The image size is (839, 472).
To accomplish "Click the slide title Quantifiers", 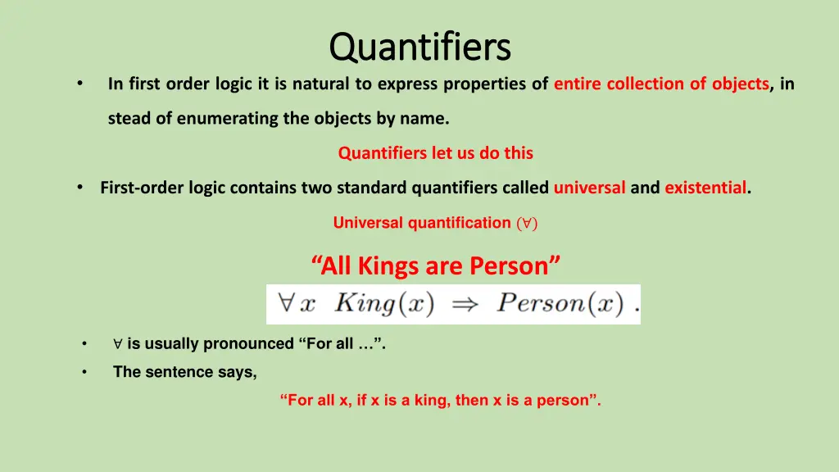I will (x=419, y=46).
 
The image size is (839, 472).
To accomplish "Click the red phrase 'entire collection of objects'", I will (x=661, y=84).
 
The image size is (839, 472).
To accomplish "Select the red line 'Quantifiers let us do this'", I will (x=435, y=153).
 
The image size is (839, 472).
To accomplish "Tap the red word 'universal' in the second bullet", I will (x=590, y=188).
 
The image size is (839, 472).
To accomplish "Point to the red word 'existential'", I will (x=705, y=188).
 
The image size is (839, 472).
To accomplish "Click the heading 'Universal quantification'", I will (x=422, y=223).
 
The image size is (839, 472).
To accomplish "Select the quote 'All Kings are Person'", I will (x=436, y=266).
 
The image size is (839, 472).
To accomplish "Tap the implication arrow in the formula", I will (x=465, y=303).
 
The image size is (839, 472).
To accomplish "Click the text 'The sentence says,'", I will (x=184, y=372).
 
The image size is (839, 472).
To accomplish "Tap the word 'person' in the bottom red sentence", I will (x=565, y=401).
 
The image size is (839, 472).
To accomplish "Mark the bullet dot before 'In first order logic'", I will (x=79, y=84).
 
